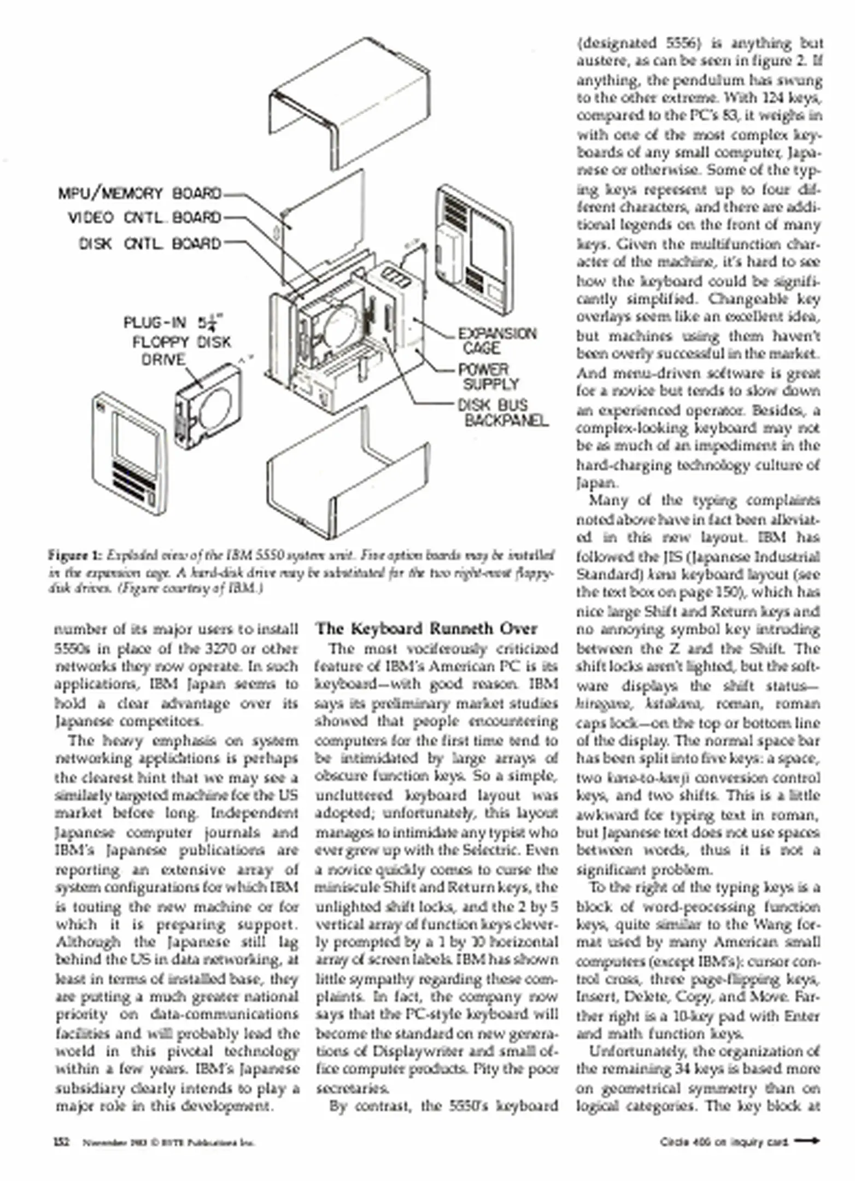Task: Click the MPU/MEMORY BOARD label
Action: pyautogui.click(x=140, y=194)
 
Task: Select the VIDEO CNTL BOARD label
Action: pyautogui.click(x=144, y=218)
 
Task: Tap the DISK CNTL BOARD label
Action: pyautogui.click(x=150, y=243)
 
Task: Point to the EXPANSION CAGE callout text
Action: pyautogui.click(x=496, y=341)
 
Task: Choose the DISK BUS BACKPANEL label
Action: pyautogui.click(x=502, y=412)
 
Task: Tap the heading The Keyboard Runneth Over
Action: pyautogui.click(x=426, y=628)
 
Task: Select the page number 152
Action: pyautogui.click(x=61, y=1142)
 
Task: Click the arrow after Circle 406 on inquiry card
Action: pyautogui.click(x=807, y=1141)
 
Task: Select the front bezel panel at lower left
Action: pyautogui.click(x=129, y=454)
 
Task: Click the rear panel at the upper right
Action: pyautogui.click(x=475, y=249)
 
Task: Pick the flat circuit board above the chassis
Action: pyautogui.click(x=325, y=219)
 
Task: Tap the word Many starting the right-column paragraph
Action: pyautogui.click(x=605, y=500)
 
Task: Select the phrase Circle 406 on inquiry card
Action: pyautogui.click(x=723, y=1142)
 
